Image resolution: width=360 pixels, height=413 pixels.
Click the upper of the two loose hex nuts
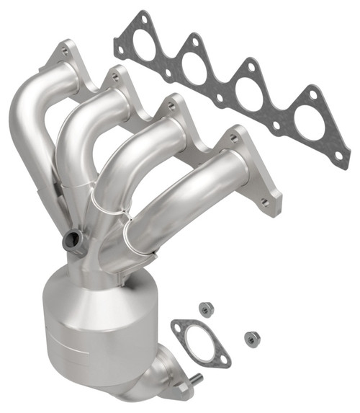207,308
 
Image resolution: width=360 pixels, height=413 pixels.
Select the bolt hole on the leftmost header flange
66,50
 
